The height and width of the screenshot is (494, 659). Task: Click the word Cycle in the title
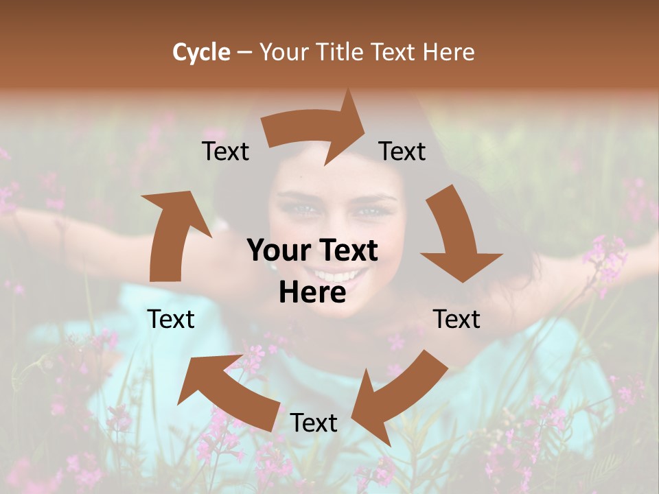point(201,52)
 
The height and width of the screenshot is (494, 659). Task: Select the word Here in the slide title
point(448,52)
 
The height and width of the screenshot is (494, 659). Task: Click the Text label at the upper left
point(225,152)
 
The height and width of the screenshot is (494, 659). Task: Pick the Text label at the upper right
point(402,152)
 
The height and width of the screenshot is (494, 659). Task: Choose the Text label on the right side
point(456,319)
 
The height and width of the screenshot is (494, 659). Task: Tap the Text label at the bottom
point(314,423)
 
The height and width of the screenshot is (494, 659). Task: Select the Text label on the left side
point(171,319)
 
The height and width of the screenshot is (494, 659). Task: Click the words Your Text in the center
point(312,250)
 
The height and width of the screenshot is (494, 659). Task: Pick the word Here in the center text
point(312,293)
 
